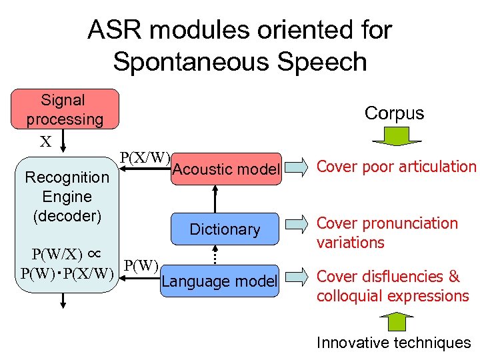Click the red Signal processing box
pyautogui.click(x=65, y=109)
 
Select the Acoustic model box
pyautogui.click(x=226, y=169)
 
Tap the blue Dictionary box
pyautogui.click(x=226, y=229)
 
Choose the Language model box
pyautogui.click(x=220, y=281)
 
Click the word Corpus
pyautogui.click(x=394, y=113)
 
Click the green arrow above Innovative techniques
pyautogui.click(x=396, y=321)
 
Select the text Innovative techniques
pyautogui.click(x=393, y=343)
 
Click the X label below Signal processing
pyautogui.click(x=45, y=141)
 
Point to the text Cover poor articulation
pyautogui.click(x=396, y=167)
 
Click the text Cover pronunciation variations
pyautogui.click(x=387, y=233)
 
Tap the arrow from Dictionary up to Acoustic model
pyautogui.click(x=215, y=199)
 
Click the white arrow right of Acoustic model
pyautogui.click(x=297, y=166)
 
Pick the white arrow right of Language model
pyautogui.click(x=297, y=276)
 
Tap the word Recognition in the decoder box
pyautogui.click(x=67, y=177)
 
